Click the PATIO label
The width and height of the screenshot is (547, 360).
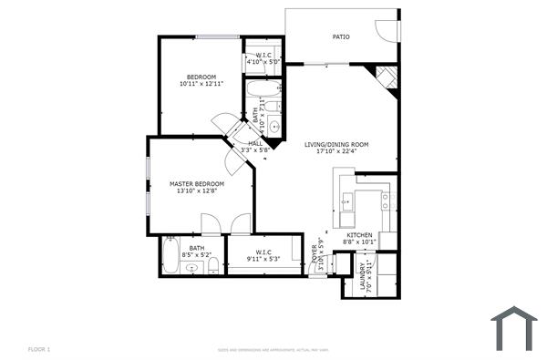(x=341, y=37)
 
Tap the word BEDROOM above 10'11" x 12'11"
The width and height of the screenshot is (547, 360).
(x=201, y=77)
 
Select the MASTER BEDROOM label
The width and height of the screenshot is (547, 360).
(x=197, y=184)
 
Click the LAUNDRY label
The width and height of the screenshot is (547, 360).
(x=363, y=276)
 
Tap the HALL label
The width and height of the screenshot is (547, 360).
(x=255, y=143)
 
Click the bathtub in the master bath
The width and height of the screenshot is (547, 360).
(x=171, y=256)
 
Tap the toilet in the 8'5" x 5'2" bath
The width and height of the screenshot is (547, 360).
(x=212, y=264)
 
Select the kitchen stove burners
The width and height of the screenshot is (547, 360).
(x=386, y=201)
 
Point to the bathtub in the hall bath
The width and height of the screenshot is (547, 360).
(x=264, y=89)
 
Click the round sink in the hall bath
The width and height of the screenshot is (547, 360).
(x=272, y=126)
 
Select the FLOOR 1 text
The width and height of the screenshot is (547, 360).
(x=38, y=349)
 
